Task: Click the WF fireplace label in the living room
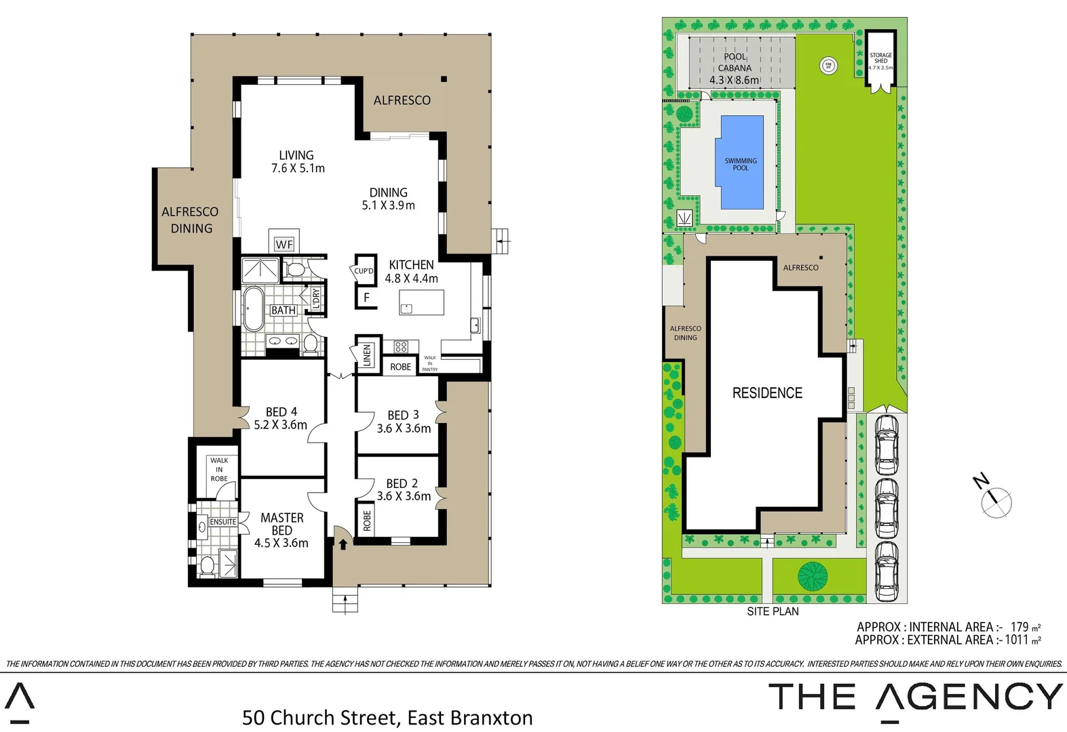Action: pyautogui.click(x=284, y=244)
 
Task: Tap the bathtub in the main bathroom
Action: pyautogui.click(x=254, y=309)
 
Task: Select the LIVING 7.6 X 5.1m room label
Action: pyautogui.click(x=297, y=161)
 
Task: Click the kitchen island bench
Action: pyautogui.click(x=421, y=302)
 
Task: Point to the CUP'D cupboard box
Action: pyautogui.click(x=364, y=270)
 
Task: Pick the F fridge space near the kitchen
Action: pyautogui.click(x=366, y=298)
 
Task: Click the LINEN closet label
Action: pyautogui.click(x=367, y=354)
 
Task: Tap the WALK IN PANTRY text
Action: pyautogui.click(x=430, y=363)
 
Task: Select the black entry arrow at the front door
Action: pyautogui.click(x=343, y=544)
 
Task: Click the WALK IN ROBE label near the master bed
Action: pyautogui.click(x=219, y=469)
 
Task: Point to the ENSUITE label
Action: pyautogui.click(x=222, y=522)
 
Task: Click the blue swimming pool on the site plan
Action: pyautogui.click(x=741, y=163)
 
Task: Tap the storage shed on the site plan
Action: pyautogui.click(x=880, y=60)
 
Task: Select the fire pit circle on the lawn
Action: pyautogui.click(x=828, y=66)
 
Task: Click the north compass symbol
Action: pyautogui.click(x=996, y=502)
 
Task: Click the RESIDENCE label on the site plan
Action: pyautogui.click(x=767, y=393)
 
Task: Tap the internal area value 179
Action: pyautogui.click(x=1020, y=627)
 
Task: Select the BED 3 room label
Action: pyautogui.click(x=404, y=422)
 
